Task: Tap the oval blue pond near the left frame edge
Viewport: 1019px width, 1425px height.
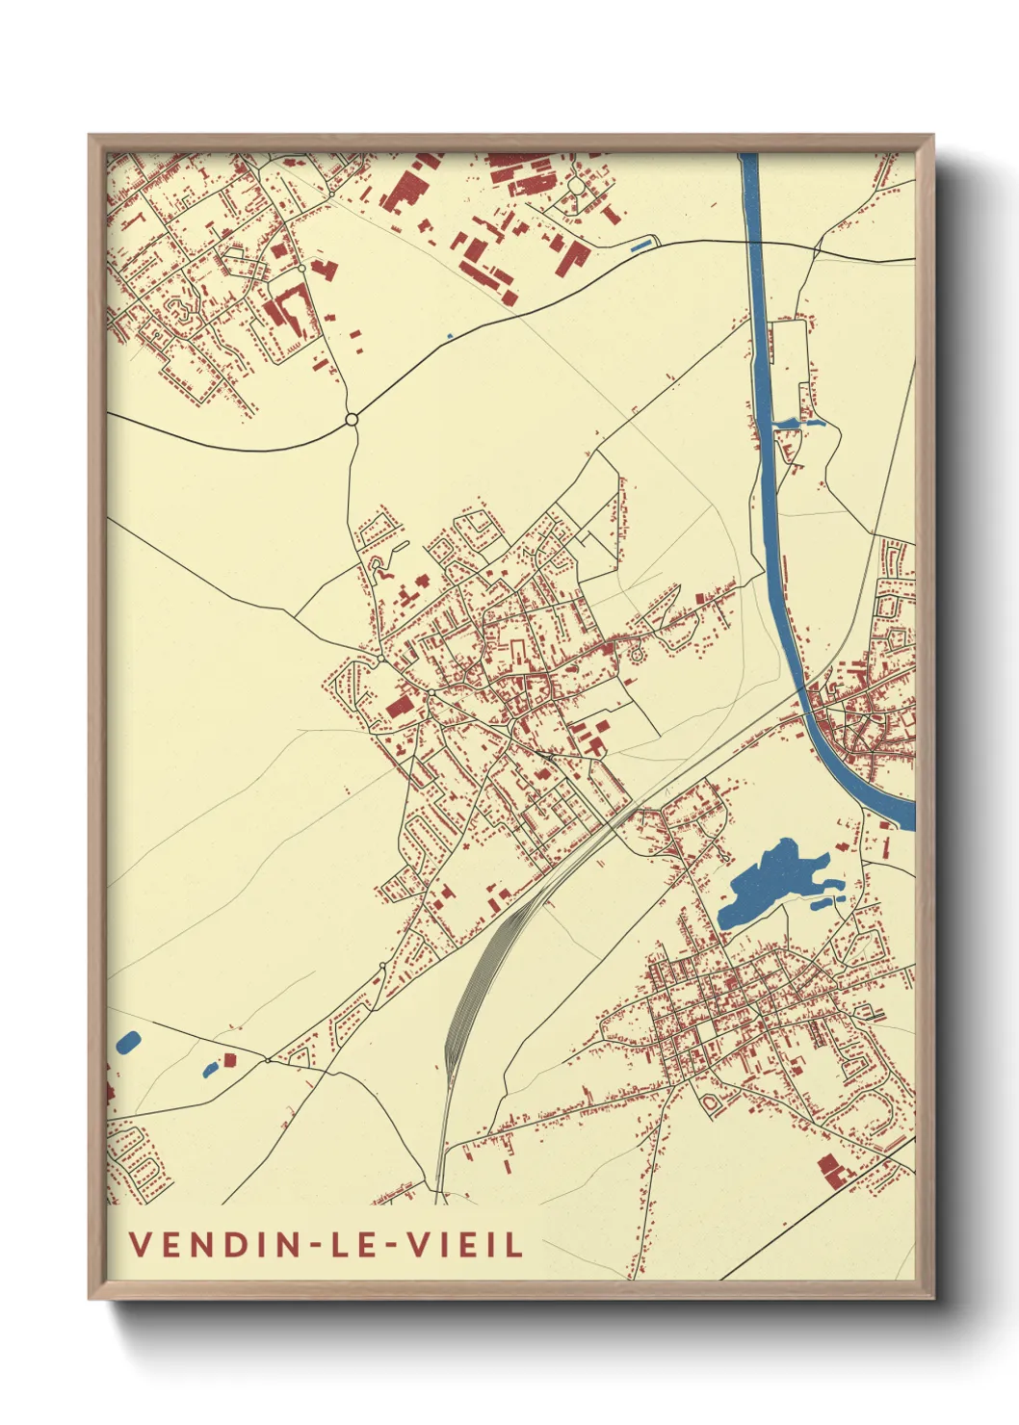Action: point(127,1042)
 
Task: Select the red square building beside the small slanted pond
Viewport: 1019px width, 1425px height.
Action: point(229,1060)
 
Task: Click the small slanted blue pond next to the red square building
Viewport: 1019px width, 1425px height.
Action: point(209,1069)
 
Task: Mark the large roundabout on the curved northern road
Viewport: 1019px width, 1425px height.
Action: point(352,419)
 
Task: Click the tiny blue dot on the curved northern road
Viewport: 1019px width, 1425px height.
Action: point(450,336)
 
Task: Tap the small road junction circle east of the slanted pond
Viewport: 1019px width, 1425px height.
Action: point(267,1059)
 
